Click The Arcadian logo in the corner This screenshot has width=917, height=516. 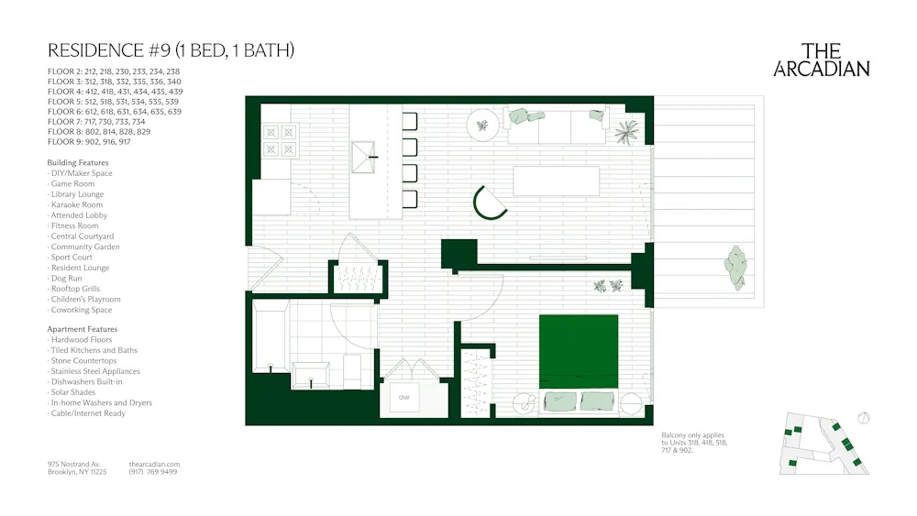pos(822,60)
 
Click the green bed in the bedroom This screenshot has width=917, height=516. pos(578,353)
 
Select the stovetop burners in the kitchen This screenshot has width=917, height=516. pos(281,139)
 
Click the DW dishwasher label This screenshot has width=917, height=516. pos(403,398)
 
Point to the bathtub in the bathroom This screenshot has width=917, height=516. pos(271,337)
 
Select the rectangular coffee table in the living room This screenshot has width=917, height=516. pos(556,181)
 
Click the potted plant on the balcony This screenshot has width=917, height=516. pos(735,267)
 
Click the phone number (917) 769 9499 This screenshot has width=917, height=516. pos(154,472)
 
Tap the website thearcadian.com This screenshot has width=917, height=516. pos(155,464)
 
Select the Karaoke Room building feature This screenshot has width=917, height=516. pos(77,205)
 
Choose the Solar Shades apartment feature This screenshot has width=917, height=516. pos(73,392)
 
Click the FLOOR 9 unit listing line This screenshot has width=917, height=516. pos(89,142)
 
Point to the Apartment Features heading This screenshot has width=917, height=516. pos(83,329)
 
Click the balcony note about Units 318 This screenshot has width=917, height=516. pos(695,443)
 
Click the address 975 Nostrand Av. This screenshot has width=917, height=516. pos(74,464)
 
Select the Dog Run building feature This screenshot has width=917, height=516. pos(66,279)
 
